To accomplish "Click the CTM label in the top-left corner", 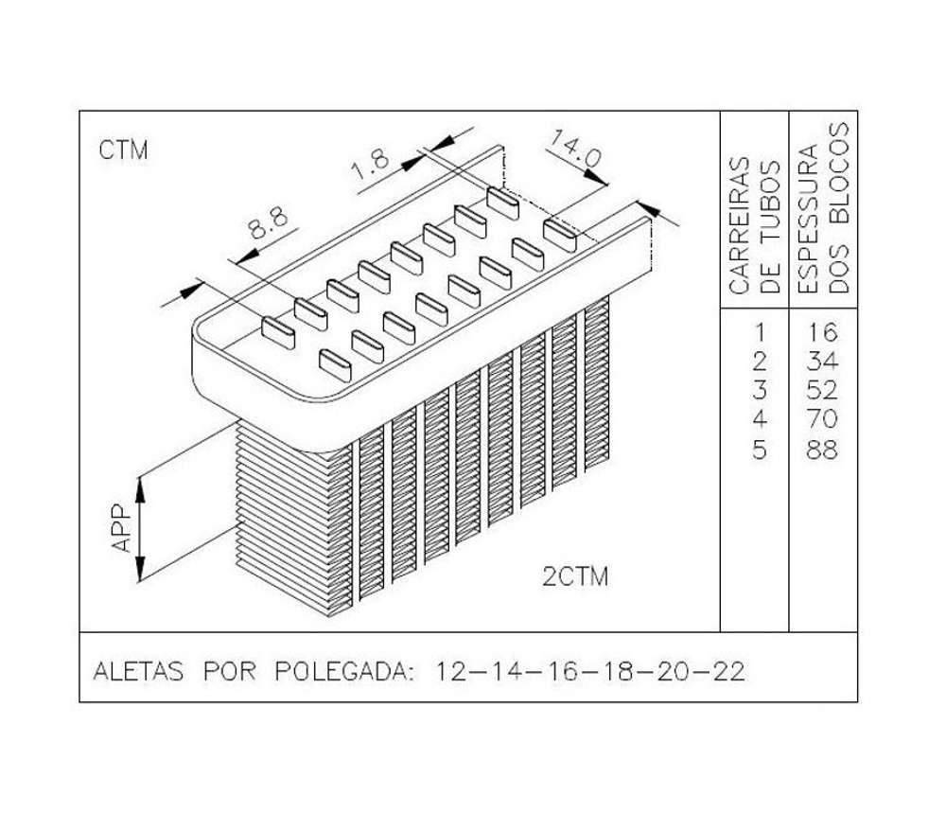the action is pos(123,150).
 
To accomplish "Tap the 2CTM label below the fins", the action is pos(575,577).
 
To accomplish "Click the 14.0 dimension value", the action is pos(575,150).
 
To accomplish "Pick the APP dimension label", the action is pos(122,529).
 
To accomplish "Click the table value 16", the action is pos(823,332).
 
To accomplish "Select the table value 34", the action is pos(823,362).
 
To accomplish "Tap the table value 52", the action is pos(823,391).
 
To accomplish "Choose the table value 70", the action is pos(823,419).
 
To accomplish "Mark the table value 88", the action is pos(823,450).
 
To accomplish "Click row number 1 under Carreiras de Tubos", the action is pos(760,332).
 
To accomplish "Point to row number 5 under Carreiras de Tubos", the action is pos(760,450).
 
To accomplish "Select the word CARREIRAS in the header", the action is pos(740,226).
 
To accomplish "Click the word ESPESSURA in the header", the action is pos(807,219).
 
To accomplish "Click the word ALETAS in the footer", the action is pos(138,671).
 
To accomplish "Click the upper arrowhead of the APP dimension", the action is pos(140,489).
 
